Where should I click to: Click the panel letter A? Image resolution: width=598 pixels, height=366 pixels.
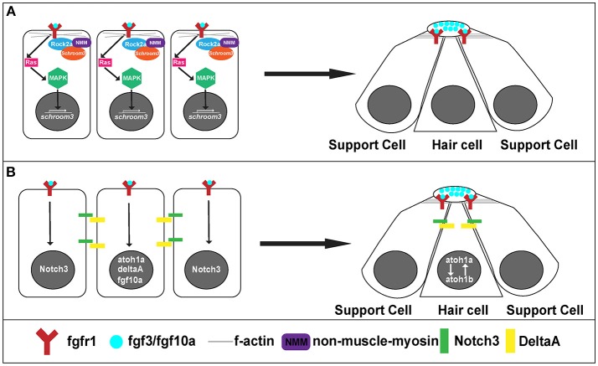coord(12,12)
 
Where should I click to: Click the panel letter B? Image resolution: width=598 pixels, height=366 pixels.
coord(11,172)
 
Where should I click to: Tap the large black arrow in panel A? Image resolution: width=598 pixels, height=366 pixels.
coord(310,73)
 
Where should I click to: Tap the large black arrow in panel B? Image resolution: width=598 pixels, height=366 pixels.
coord(305,244)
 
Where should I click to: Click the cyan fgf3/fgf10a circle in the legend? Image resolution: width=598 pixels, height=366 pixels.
coord(116,342)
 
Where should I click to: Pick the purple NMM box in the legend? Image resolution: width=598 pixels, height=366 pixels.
coord(296,342)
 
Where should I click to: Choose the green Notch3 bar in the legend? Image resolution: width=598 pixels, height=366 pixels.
coord(444,341)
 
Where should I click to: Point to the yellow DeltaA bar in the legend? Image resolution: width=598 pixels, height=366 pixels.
coord(508,341)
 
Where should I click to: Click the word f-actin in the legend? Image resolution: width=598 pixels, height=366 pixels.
coord(254,341)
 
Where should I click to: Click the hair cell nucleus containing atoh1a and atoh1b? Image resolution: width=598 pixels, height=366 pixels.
coord(459,270)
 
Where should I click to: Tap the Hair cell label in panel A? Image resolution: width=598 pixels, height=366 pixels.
coord(457,145)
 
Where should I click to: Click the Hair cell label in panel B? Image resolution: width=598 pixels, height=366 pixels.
coord(463,310)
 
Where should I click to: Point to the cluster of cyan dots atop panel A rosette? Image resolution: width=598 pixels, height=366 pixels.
coord(448,26)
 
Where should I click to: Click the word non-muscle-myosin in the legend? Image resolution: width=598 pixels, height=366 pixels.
coord(376,341)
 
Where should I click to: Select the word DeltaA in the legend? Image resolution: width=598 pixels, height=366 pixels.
coord(539,341)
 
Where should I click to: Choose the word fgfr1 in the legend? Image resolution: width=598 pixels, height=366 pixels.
coord(81,341)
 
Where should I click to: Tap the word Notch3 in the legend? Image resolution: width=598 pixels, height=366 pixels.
coord(477,341)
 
